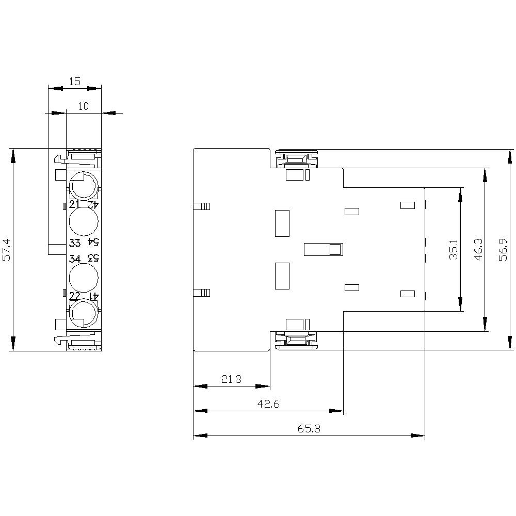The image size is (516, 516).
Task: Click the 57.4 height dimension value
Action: coord(6,249)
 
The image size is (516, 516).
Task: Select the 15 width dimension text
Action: coord(74,82)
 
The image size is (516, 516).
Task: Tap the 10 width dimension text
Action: coord(84,106)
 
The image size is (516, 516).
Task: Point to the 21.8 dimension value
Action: coord(231,379)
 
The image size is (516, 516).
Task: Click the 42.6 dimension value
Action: coord(268,405)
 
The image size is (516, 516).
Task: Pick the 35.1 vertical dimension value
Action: coord(454,249)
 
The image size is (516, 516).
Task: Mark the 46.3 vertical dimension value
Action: coord(478,249)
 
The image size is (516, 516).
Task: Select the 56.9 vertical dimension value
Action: coord(503,249)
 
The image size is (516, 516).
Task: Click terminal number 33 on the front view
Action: coord(75,243)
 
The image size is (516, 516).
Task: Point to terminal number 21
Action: coord(75,204)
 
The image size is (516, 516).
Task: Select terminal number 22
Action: coord(75,296)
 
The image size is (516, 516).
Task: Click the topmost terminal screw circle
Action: coord(83,184)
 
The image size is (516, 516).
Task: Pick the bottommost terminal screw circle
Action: coord(83,314)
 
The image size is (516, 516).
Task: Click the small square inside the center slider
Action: coord(335,250)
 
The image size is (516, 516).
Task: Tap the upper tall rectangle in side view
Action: coord(282,223)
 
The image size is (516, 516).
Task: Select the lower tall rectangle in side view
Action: coord(282,276)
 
